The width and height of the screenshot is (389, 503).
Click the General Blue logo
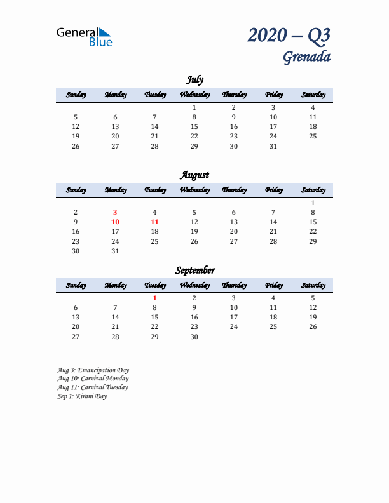[x=84, y=36]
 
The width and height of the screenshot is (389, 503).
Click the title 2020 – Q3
[x=289, y=35]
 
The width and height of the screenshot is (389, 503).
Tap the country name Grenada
[x=306, y=57]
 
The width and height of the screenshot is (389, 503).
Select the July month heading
[x=194, y=79]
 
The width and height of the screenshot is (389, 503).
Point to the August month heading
[x=194, y=175]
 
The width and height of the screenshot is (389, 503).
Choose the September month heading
[x=194, y=270]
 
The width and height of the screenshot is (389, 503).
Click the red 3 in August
[x=115, y=212]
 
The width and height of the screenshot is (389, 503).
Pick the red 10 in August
[x=115, y=222]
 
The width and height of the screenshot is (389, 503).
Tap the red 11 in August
[x=154, y=222]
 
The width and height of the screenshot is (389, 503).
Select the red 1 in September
[x=154, y=298]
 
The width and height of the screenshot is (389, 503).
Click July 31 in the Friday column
[x=273, y=146]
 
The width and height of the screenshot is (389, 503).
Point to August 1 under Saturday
[x=313, y=203]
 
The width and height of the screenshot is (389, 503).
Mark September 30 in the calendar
[x=194, y=337]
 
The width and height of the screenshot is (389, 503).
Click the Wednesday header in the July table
[x=194, y=95]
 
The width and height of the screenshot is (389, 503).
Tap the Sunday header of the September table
[x=76, y=285]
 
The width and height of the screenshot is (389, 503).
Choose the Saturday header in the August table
[x=313, y=190]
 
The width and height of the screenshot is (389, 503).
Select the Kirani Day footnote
[x=82, y=396]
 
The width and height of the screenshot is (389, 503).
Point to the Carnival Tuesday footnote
[x=92, y=387]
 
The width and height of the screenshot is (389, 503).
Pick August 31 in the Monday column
[x=115, y=251]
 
